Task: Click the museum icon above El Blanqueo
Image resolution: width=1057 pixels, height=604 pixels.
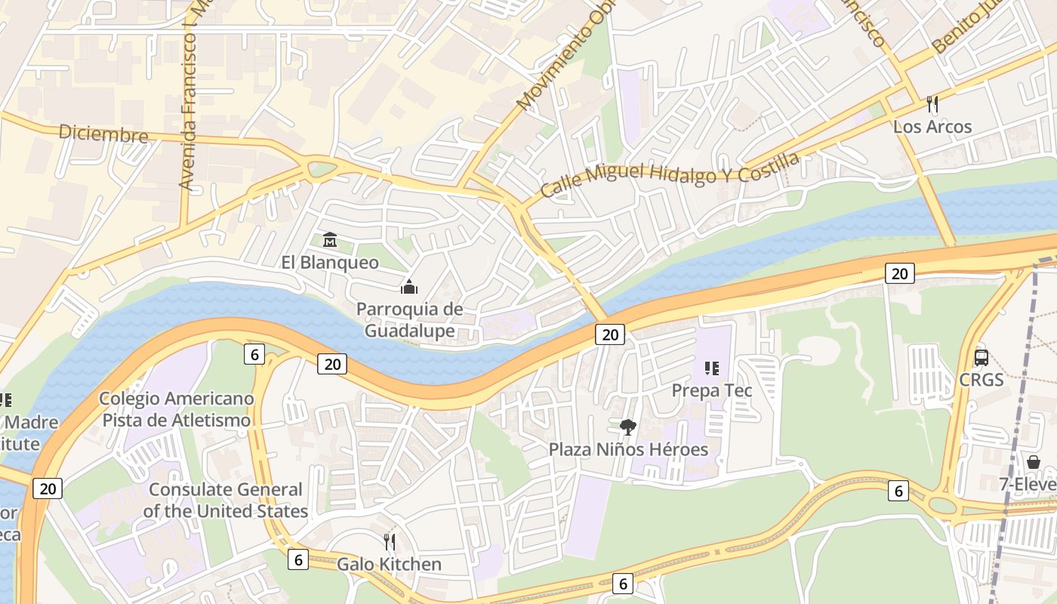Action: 330,240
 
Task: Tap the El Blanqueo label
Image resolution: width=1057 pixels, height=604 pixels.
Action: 330,263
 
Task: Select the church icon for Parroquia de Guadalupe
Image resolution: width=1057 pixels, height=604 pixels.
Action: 409,287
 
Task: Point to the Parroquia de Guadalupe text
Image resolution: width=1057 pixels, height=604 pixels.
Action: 410,320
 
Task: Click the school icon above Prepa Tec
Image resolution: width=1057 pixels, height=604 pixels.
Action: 711,368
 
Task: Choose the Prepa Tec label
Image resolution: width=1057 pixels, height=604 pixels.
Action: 712,391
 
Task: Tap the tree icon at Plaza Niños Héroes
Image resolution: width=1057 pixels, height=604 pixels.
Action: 627,427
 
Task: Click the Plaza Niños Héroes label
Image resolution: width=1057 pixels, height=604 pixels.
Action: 628,450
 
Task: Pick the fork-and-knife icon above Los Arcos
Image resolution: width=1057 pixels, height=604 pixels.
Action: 932,104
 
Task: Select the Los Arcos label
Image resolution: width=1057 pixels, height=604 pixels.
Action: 932,127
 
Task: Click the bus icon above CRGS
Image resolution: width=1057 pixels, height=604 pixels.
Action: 981,358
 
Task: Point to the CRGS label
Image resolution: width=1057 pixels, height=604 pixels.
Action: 981,380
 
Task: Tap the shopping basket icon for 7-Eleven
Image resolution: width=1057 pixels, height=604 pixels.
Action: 1033,462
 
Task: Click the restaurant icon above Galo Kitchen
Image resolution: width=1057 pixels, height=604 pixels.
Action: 390,542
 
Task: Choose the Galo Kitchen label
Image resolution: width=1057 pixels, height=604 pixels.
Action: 389,565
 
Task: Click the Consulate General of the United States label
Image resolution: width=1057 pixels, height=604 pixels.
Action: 226,500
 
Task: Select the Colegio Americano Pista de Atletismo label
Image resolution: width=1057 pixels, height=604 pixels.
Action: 176,409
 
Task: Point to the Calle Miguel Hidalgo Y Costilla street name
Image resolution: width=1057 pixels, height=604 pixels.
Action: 670,174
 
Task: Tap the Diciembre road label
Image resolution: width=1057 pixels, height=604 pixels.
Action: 103,134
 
